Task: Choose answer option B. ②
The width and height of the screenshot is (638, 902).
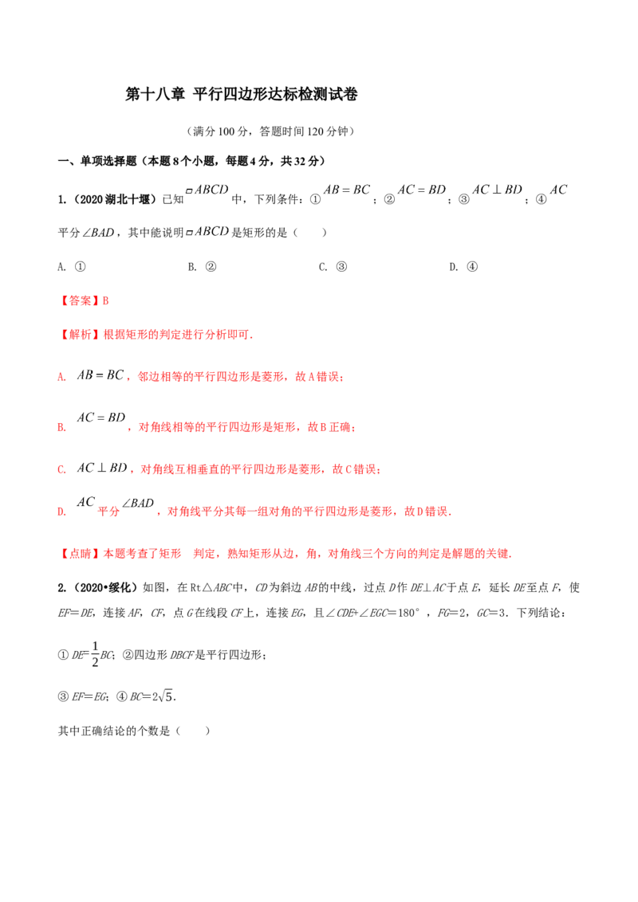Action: click(202, 267)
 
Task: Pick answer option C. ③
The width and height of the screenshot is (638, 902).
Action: click(333, 267)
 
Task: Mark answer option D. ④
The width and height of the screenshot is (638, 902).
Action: click(463, 267)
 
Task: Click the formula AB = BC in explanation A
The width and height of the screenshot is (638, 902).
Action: click(100, 375)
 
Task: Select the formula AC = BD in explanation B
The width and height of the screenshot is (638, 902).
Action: click(100, 418)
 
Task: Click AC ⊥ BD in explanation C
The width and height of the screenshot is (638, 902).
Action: click(102, 468)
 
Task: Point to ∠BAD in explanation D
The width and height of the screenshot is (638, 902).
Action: click(138, 504)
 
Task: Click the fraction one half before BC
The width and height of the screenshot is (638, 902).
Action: click(95, 654)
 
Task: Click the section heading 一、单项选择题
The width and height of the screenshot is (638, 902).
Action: click(97, 162)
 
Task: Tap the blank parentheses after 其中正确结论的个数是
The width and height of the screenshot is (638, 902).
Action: click(193, 731)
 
